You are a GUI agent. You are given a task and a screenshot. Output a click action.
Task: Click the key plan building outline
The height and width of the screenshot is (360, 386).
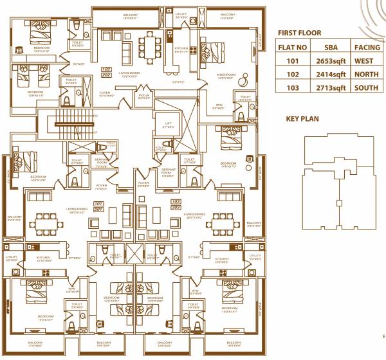coord(335,186)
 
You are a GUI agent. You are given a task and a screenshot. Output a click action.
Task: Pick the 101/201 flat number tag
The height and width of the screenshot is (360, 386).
coord(99,207)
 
